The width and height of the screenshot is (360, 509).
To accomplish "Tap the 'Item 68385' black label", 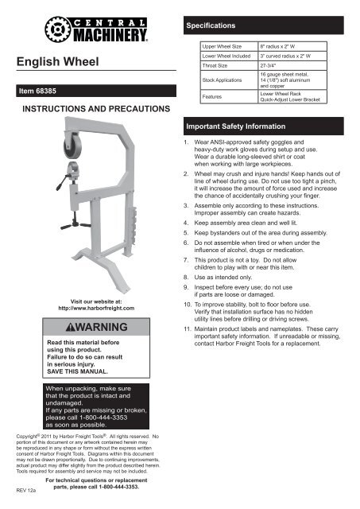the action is [46, 93].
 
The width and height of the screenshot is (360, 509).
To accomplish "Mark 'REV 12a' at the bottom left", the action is [27, 492].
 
